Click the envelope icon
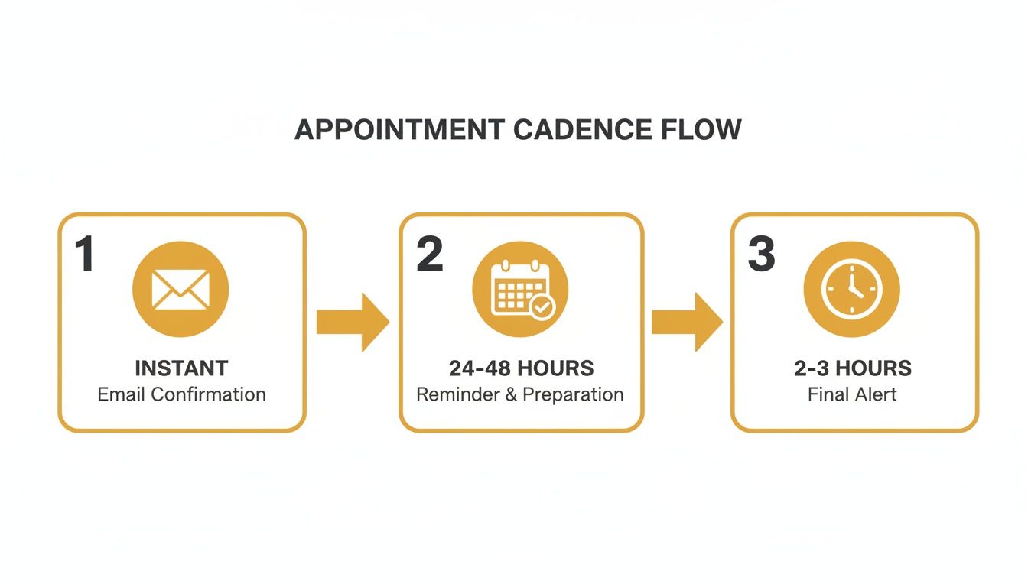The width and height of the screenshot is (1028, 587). [181, 290]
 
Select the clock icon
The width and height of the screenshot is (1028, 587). [851, 290]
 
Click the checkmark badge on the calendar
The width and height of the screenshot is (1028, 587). [542, 307]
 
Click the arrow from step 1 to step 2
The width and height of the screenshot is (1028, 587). [353, 322]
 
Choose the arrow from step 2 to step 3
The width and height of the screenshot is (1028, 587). [687, 322]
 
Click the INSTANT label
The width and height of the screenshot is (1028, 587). [181, 368]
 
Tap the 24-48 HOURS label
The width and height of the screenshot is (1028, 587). [521, 368]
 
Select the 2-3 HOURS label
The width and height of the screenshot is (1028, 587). [853, 368]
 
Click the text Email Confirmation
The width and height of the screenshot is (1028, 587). [181, 394]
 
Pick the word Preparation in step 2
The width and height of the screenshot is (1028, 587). [573, 395]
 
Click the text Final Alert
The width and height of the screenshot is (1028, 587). [852, 394]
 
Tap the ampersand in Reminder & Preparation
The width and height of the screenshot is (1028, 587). [512, 394]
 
